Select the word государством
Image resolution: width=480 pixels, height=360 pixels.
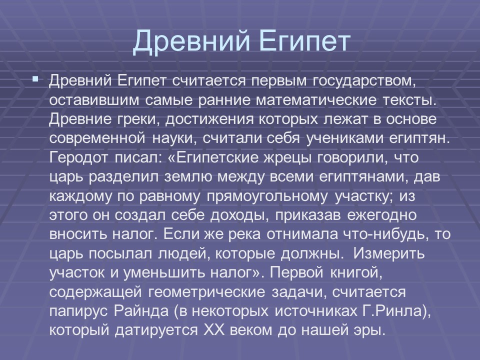click(364, 80)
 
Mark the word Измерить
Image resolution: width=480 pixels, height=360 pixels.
click(388, 253)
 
